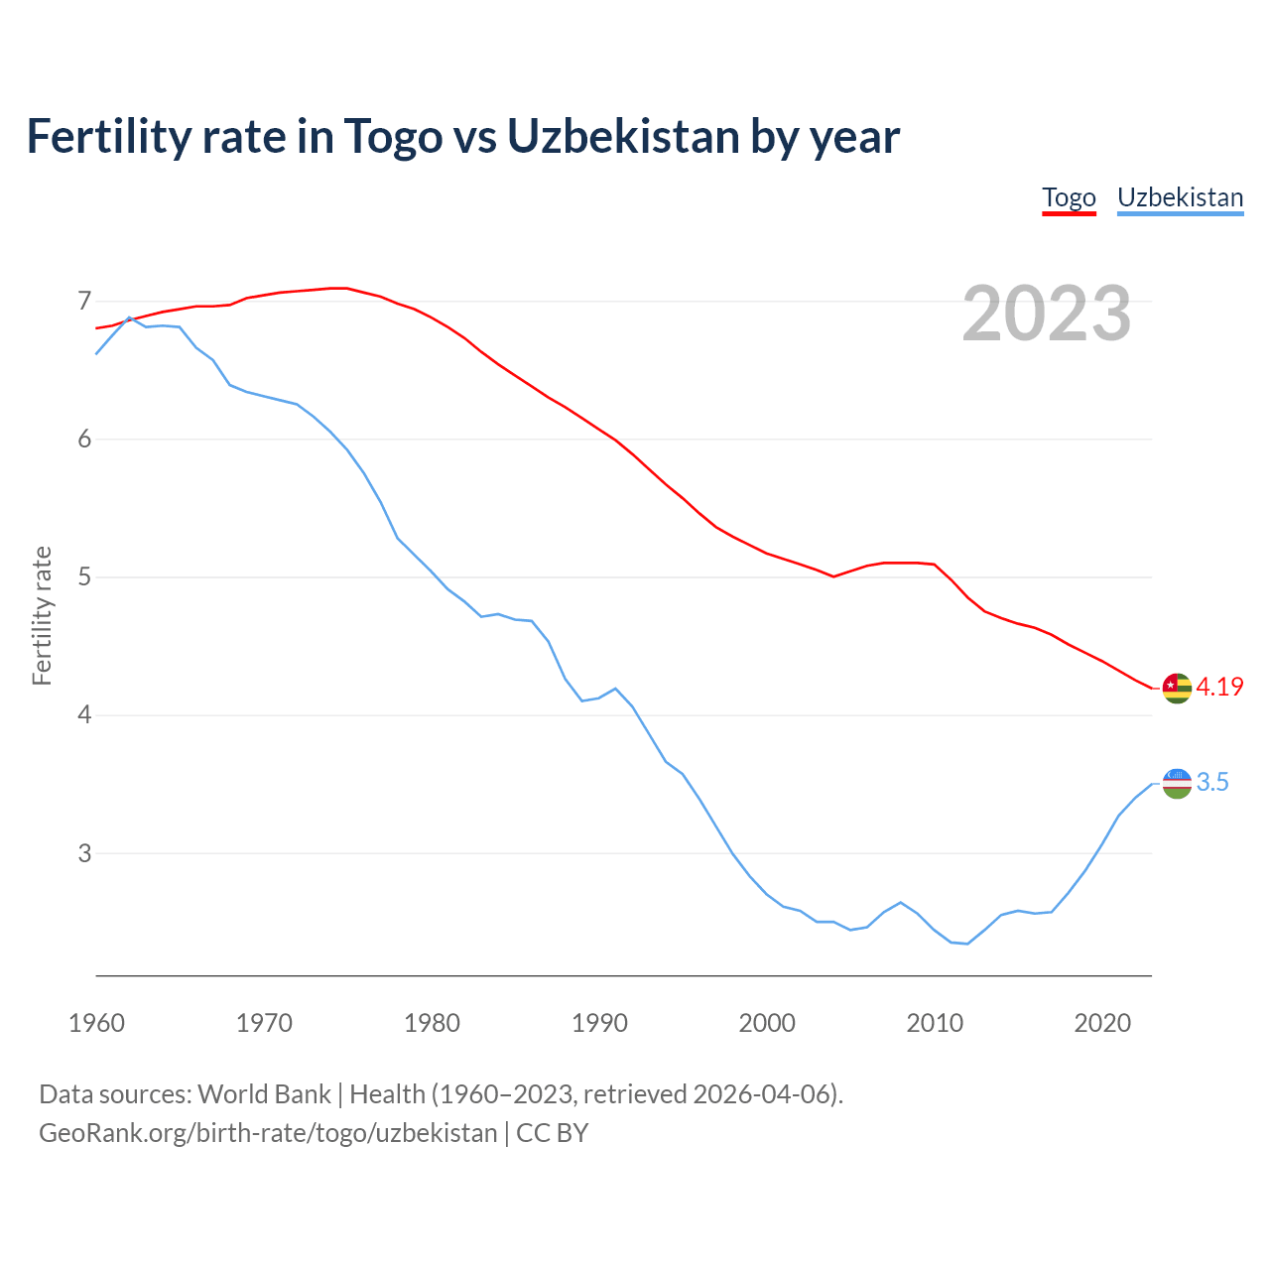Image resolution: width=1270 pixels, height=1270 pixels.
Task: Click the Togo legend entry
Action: point(1069,197)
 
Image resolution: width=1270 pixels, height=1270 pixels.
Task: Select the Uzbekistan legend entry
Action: point(1180,197)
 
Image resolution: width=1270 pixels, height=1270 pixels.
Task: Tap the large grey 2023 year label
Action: point(1047,314)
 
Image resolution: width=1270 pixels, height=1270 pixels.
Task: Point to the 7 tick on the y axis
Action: point(84,301)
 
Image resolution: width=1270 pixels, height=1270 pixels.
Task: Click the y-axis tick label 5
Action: point(84,576)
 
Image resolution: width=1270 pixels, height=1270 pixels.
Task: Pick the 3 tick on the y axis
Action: point(84,853)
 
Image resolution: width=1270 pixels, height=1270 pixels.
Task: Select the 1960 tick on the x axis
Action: point(96,1023)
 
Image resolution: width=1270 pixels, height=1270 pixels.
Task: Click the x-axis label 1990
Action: point(599,1023)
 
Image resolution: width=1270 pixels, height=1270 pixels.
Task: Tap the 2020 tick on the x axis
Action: point(1102,1023)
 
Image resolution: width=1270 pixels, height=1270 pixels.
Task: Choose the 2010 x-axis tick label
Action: point(935,1023)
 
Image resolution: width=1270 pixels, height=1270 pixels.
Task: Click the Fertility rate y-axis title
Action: point(42,615)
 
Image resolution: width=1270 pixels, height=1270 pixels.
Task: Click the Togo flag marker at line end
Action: point(1177,688)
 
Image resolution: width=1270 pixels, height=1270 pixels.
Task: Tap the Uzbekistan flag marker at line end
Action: point(1177,783)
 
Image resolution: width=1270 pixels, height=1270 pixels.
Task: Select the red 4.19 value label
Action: point(1219,687)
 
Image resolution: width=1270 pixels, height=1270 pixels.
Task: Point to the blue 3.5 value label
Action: point(1212,783)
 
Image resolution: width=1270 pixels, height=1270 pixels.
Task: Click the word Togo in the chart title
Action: point(393,137)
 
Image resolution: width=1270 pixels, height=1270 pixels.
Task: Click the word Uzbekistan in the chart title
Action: point(623,137)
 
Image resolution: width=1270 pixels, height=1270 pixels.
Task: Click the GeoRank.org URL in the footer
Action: point(268,1133)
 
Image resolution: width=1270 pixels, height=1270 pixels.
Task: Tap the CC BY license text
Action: point(553,1133)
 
